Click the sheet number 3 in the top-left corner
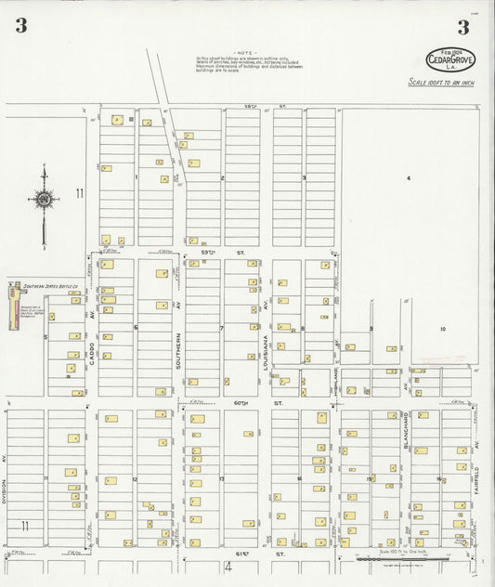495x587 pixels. tap(20, 26)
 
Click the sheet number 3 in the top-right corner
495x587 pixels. tap(462, 26)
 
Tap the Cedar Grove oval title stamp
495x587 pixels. tap(450, 59)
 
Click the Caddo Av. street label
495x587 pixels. tap(93, 325)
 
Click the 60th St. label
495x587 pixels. tap(253, 403)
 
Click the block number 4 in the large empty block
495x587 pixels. tap(407, 177)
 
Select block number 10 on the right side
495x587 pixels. tap(443, 330)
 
